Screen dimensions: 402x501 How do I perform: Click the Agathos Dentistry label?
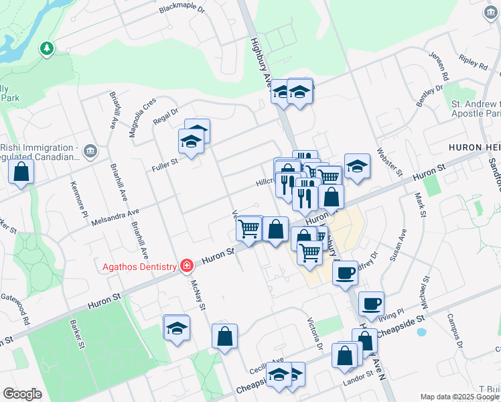(139, 267)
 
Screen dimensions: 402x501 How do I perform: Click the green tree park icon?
(46, 48)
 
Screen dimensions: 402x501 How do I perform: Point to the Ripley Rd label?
(474, 65)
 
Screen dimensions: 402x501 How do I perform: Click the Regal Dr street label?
(165, 116)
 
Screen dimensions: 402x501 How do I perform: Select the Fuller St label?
(164, 161)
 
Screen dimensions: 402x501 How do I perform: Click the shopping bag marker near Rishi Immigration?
(21, 172)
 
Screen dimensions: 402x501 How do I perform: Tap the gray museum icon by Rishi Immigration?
(91, 152)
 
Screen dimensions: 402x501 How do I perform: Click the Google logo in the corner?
(22, 394)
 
